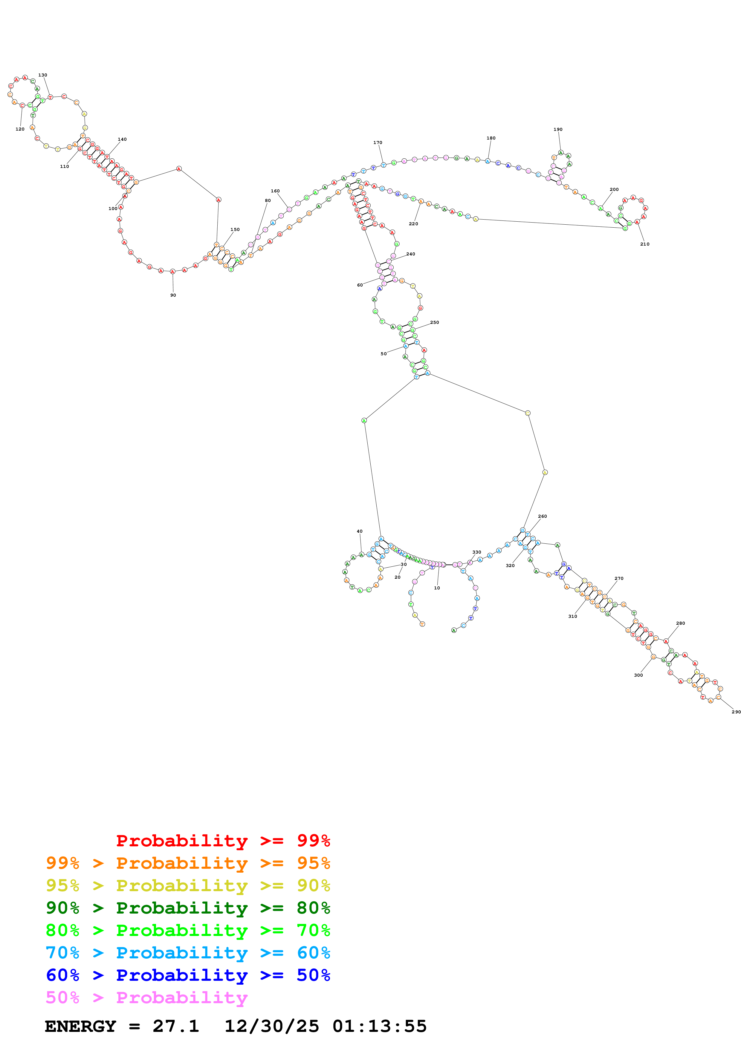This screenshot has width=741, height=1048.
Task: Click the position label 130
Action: click(x=42, y=75)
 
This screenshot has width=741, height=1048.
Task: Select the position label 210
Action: click(x=645, y=244)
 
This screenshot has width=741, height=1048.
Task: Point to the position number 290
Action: click(x=736, y=712)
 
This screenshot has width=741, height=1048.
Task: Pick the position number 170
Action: click(x=378, y=143)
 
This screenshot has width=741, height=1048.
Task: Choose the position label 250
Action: click(x=435, y=323)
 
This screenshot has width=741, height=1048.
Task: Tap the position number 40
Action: click(x=360, y=531)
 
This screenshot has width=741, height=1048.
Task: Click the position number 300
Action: click(x=638, y=675)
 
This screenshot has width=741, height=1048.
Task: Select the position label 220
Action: click(x=413, y=224)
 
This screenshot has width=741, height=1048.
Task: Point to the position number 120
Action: click(x=20, y=129)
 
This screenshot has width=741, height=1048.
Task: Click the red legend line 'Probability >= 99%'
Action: click(x=223, y=841)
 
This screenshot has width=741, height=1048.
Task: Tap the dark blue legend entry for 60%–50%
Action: click(x=188, y=975)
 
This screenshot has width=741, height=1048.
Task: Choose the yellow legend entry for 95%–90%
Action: click(x=188, y=885)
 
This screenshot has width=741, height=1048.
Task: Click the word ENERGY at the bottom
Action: click(x=80, y=1026)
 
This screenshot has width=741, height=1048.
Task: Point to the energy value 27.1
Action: click(x=176, y=1026)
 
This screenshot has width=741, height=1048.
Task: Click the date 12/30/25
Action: click(x=272, y=1026)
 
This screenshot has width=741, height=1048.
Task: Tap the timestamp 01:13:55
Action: click(x=379, y=1026)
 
